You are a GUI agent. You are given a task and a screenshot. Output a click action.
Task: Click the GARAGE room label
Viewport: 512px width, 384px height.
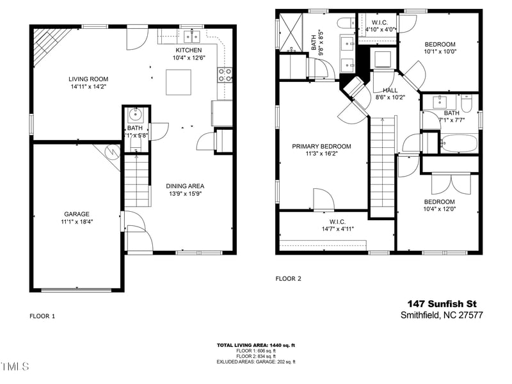point(77,214)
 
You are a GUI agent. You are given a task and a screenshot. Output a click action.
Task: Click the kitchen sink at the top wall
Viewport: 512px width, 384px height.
point(190,36)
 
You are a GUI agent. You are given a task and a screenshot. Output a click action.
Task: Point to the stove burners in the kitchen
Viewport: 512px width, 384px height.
point(225,75)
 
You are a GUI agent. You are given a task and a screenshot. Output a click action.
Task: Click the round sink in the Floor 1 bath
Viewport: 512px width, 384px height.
point(136,115)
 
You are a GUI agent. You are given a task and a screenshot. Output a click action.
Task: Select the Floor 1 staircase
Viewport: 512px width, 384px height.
point(136,182)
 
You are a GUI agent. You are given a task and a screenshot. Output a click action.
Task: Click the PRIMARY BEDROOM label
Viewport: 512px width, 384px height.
point(321,147)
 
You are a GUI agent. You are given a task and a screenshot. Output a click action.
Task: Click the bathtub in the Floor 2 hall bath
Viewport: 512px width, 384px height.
point(459,143)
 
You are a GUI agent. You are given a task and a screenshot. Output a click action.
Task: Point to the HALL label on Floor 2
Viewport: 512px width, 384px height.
point(390,91)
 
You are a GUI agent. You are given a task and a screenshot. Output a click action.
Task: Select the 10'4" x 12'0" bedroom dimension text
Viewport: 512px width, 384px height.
point(440,209)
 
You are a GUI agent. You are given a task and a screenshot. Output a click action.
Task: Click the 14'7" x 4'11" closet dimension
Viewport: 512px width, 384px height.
point(337,228)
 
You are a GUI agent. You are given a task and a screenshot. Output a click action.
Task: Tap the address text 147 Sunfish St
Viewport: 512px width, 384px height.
point(442,303)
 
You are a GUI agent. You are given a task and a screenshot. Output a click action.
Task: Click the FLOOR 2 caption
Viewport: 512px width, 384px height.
point(288,278)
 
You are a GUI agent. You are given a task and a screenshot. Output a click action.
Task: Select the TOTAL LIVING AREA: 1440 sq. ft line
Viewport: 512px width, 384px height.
point(256,345)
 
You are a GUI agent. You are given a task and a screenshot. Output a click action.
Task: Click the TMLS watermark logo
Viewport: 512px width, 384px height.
point(15,367)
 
